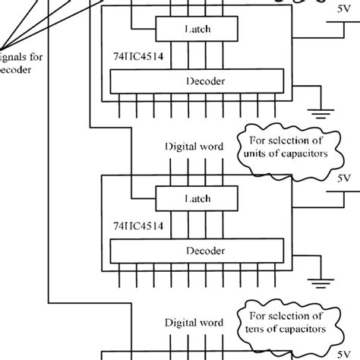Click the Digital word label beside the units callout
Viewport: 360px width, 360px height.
coord(194,146)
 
